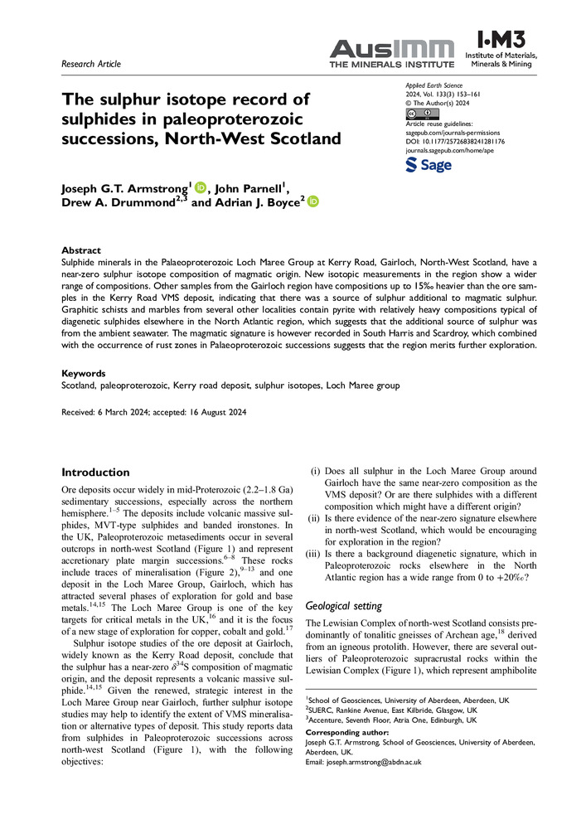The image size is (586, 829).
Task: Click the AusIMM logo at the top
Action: coord(392,53)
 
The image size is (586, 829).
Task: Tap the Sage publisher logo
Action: coord(429,165)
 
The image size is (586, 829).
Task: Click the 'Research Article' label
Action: coord(91,64)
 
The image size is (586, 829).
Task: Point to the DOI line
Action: coord(455,142)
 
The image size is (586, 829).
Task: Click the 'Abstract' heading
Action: coord(81,250)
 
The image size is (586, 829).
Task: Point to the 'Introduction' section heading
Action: coord(96,472)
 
